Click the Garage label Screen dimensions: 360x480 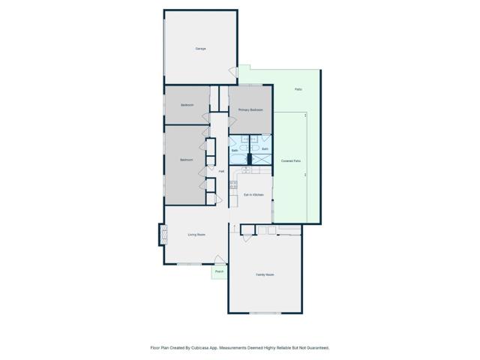(201, 49)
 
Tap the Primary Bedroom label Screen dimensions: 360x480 (250, 110)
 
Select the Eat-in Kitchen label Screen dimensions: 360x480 (253, 195)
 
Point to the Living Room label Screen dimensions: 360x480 (196, 235)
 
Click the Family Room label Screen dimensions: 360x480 (265, 275)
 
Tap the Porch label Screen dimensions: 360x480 (219, 271)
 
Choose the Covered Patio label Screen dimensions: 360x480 (292, 161)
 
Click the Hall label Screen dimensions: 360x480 (221, 172)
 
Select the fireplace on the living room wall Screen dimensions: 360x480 (160, 235)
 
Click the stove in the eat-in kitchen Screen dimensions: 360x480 (233, 184)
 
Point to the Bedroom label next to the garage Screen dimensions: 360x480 (187, 105)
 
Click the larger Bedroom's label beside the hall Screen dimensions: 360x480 (187, 160)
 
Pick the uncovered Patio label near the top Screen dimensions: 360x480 (298, 89)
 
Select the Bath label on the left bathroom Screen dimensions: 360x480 (234, 151)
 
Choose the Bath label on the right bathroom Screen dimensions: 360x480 (265, 149)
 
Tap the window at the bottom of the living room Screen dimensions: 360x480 (188, 265)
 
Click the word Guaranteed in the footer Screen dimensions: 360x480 (316, 348)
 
